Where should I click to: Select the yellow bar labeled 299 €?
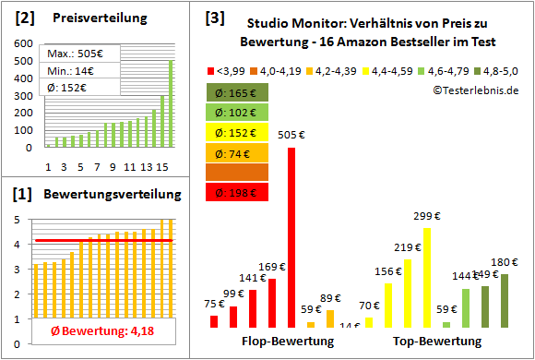[x=427, y=277]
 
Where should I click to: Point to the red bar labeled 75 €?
[x=214, y=321]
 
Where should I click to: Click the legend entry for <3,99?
[x=228, y=70]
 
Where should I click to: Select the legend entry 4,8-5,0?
[x=504, y=70]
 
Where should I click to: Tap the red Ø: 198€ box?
[x=238, y=191]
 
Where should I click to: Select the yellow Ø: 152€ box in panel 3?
[x=238, y=132]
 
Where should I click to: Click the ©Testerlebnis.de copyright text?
[x=475, y=90]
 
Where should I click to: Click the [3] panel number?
[x=214, y=17]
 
